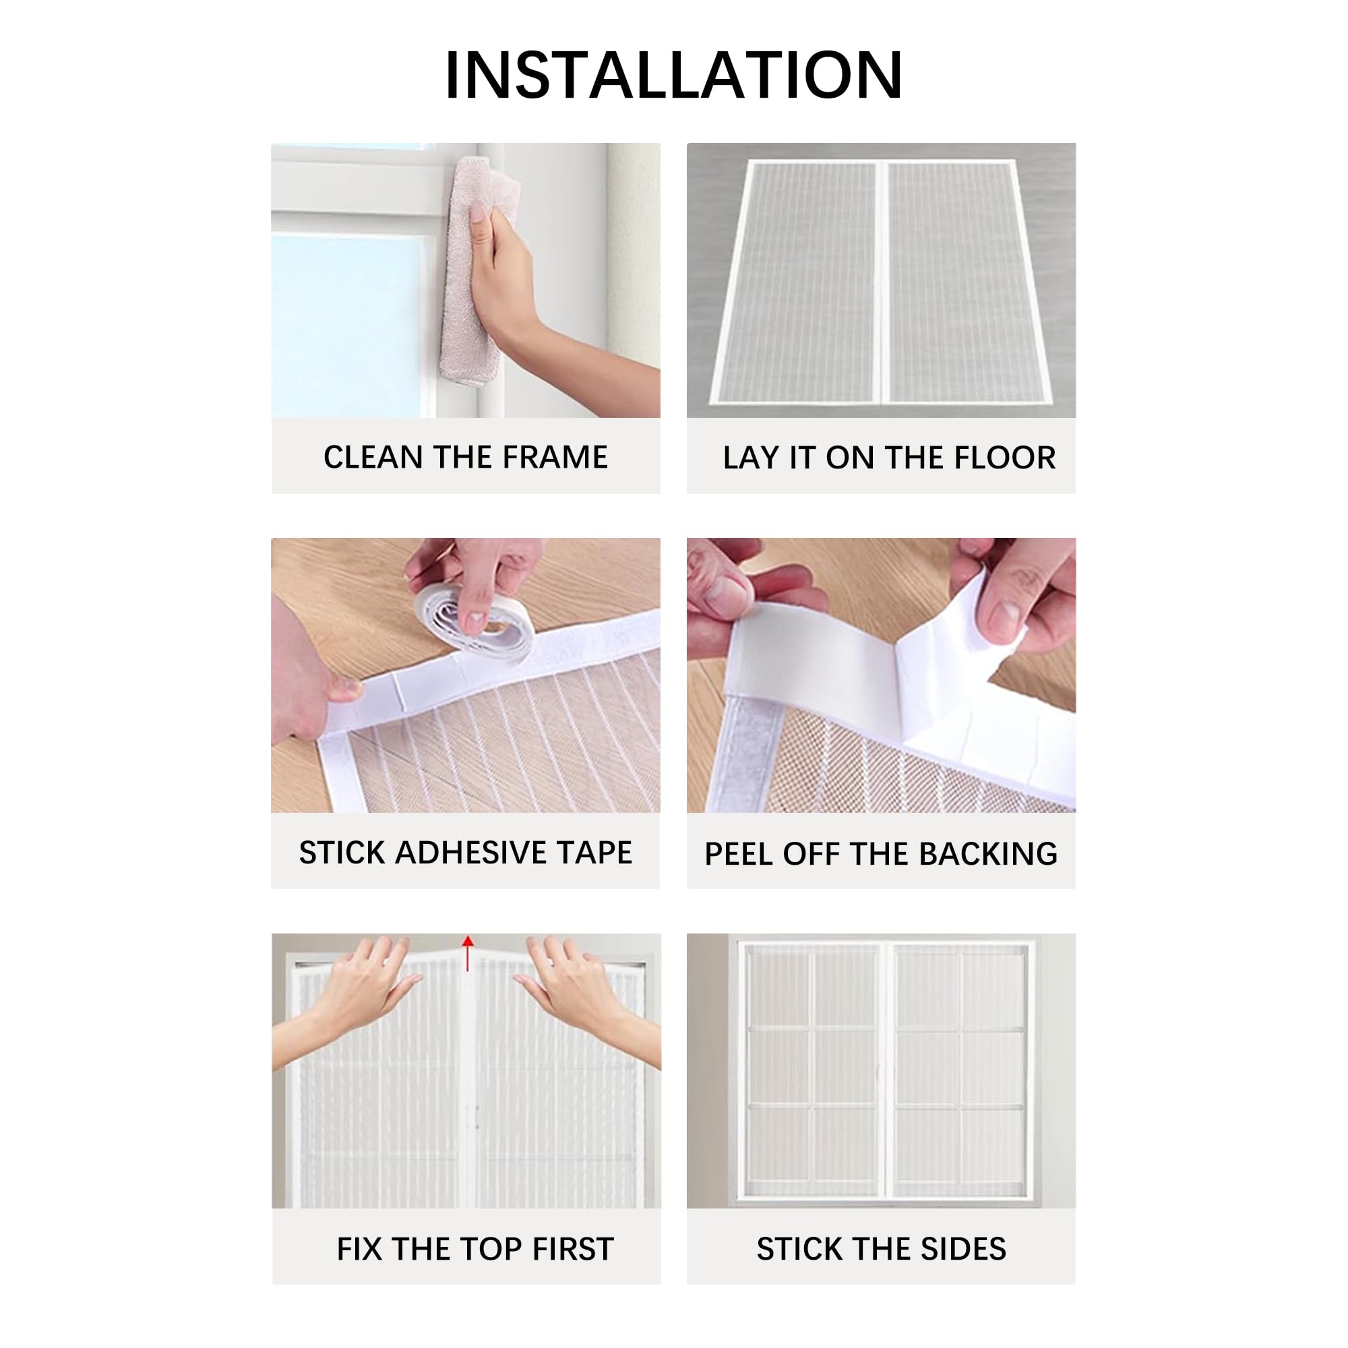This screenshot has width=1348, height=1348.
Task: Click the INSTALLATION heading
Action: pyautogui.click(x=673, y=75)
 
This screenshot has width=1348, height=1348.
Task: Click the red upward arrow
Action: pyautogui.click(x=468, y=952)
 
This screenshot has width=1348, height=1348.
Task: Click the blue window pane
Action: pyautogui.click(x=345, y=324)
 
